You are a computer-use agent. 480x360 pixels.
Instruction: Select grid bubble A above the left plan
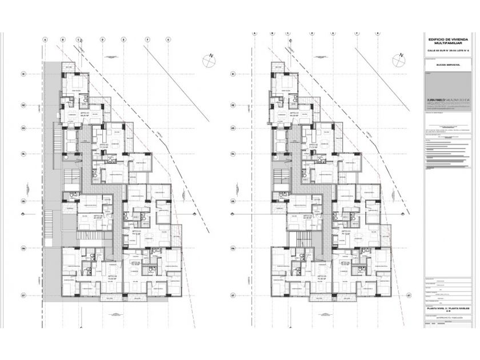point(45,40)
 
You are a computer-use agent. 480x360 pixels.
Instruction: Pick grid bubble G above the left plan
point(168,40)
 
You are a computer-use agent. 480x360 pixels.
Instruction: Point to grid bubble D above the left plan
point(102,40)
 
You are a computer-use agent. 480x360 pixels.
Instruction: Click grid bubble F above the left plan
point(147,40)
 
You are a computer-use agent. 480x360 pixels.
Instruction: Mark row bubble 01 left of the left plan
point(23,74)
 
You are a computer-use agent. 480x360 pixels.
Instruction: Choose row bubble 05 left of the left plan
point(23,201)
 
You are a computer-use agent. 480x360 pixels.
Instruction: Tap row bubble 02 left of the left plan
point(23,105)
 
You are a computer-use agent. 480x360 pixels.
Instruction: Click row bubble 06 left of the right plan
point(233,248)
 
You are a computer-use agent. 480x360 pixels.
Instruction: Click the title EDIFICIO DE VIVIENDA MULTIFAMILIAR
point(448,41)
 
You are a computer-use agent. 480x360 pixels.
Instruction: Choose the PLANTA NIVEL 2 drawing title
point(448,308)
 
